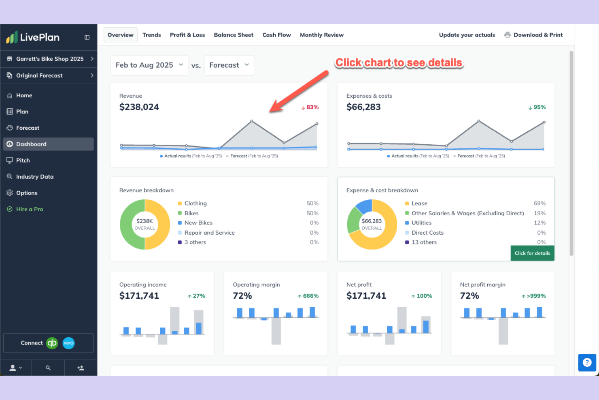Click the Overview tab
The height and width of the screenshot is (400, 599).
point(120,35)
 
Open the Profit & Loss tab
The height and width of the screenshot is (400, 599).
point(187,35)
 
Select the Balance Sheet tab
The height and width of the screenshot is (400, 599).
point(234,35)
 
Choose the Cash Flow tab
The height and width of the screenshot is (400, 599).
point(276,35)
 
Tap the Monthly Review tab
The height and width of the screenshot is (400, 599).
point(321,35)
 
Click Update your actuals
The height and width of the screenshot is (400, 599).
point(467,35)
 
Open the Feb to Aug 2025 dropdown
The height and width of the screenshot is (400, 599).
point(149,65)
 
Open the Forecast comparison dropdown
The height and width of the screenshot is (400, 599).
point(229,65)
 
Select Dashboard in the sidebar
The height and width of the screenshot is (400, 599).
point(31,144)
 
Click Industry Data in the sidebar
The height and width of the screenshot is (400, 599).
point(34,177)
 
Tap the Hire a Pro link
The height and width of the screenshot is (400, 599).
point(29,209)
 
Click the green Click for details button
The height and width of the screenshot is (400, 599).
point(532,253)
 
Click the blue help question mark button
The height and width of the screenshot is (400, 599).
point(587,362)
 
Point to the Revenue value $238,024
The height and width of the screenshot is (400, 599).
point(139,107)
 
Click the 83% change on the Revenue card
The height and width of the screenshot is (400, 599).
point(310,107)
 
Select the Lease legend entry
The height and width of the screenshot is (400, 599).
point(419,203)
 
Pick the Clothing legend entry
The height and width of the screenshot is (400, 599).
point(195,203)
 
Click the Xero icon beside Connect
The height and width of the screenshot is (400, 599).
point(68,343)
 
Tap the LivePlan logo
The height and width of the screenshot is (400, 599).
point(33,37)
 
